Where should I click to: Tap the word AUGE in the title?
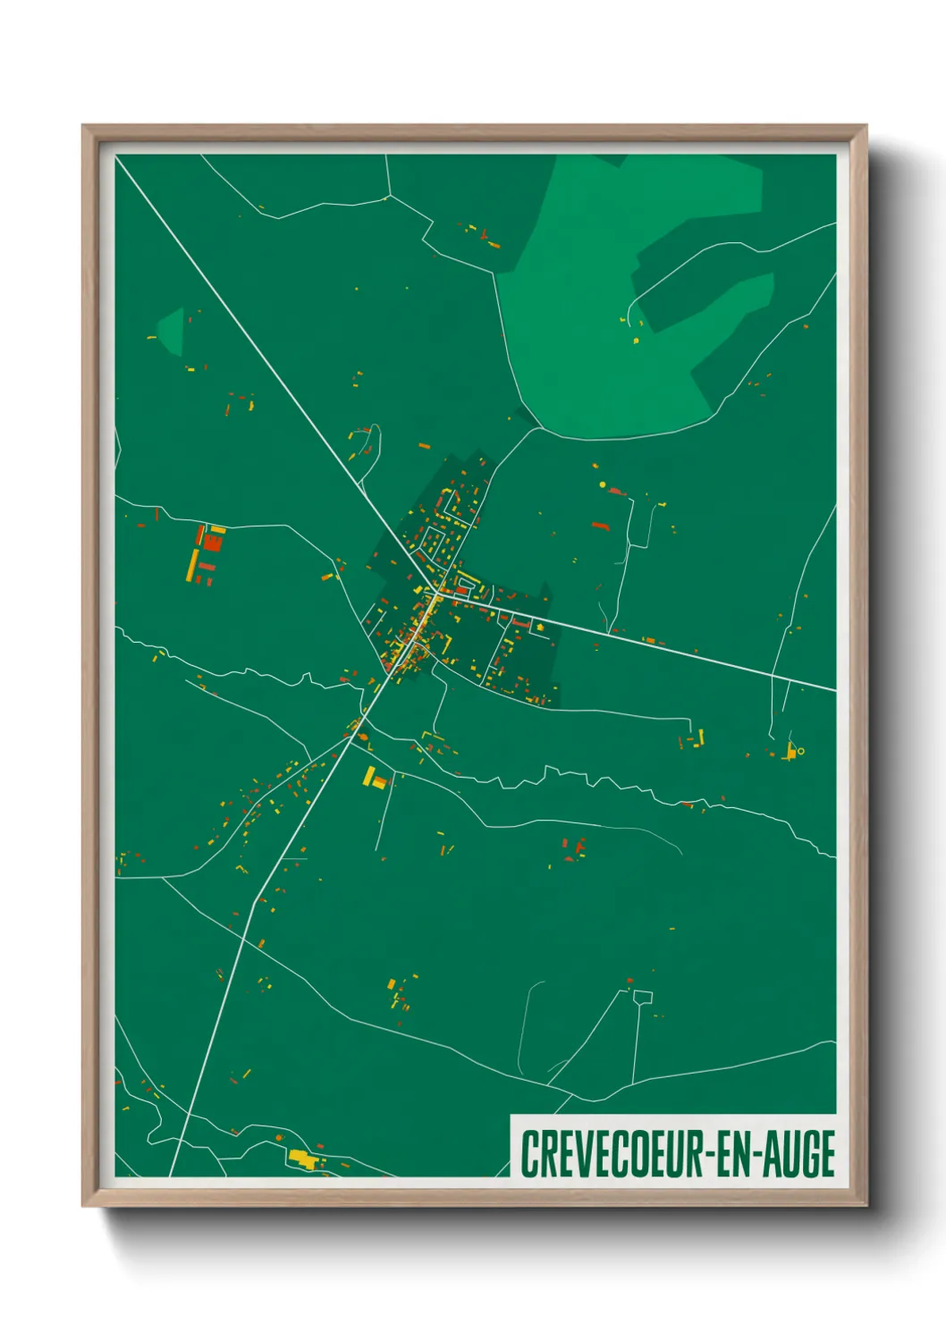coord(799,1154)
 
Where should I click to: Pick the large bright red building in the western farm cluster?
coord(213,541)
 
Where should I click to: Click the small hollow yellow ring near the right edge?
coord(800,751)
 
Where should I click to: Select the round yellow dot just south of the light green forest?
coord(603,485)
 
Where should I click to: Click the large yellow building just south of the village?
coord(369,776)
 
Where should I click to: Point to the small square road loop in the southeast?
coord(643,997)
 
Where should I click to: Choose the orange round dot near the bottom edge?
coord(279,1137)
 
